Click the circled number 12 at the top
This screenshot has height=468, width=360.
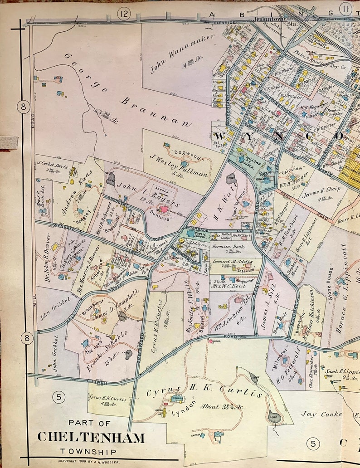(123, 14)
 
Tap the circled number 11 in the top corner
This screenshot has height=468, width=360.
(346, 8)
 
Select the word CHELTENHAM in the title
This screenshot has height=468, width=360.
(91, 437)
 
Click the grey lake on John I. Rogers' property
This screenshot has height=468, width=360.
(111, 179)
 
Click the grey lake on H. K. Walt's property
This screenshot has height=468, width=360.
(231, 178)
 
